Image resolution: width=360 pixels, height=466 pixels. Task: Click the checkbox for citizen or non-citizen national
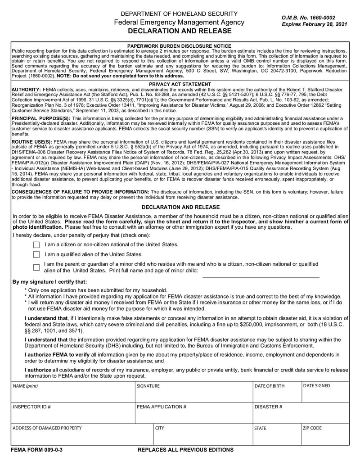point(36,245)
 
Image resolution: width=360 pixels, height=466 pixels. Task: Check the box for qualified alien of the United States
point(36,255)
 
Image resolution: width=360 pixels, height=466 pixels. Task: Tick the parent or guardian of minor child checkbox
point(36,267)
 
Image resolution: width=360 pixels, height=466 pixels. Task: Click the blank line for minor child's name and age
point(261,273)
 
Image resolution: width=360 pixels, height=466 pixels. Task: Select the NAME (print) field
point(72,394)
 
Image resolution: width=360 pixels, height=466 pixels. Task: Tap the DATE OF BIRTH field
point(276,394)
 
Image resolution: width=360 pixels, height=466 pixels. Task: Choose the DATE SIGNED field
point(325,394)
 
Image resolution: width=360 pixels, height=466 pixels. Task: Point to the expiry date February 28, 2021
point(314,24)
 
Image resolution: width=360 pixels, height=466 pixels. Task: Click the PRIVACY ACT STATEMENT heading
point(180,84)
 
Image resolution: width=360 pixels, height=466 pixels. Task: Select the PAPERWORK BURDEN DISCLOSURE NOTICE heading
point(180,46)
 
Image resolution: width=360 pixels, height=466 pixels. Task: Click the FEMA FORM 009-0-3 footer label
point(37,450)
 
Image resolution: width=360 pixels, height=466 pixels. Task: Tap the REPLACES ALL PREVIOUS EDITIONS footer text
point(185,450)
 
